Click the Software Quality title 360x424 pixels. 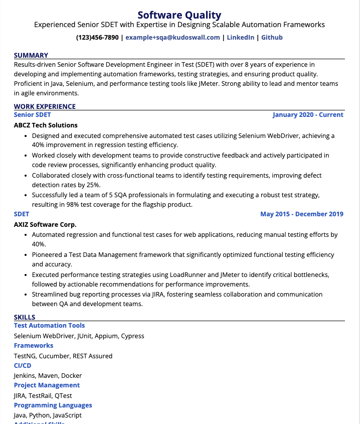[179, 15]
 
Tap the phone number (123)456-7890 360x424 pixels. [97, 38]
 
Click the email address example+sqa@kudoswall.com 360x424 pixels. [172, 38]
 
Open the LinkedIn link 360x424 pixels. [241, 38]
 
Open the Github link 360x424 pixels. [272, 38]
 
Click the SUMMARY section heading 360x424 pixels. [31, 55]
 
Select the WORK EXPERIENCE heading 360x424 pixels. [45, 106]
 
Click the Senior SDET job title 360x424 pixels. [33, 115]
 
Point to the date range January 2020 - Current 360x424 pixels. [308, 115]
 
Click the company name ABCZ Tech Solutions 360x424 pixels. [46, 125]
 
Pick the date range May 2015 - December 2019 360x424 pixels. [302, 214]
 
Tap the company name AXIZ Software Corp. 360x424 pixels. [45, 224]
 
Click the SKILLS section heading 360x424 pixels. [25, 317]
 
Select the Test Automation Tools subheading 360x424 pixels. [49, 326]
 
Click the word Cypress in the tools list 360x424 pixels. [132, 336]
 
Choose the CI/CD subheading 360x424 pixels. [23, 366]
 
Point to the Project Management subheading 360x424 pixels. [47, 385]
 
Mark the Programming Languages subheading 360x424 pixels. [53, 405]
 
